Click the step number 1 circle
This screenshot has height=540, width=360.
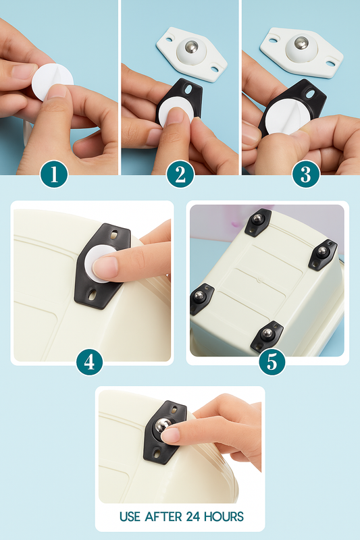click(x=54, y=175)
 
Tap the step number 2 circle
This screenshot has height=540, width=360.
click(x=180, y=175)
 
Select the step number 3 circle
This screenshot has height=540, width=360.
click(x=306, y=175)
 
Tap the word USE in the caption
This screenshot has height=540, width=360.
click(x=130, y=516)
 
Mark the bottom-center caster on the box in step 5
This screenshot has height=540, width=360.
click(x=266, y=335)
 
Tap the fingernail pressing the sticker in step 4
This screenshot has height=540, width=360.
click(x=105, y=267)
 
